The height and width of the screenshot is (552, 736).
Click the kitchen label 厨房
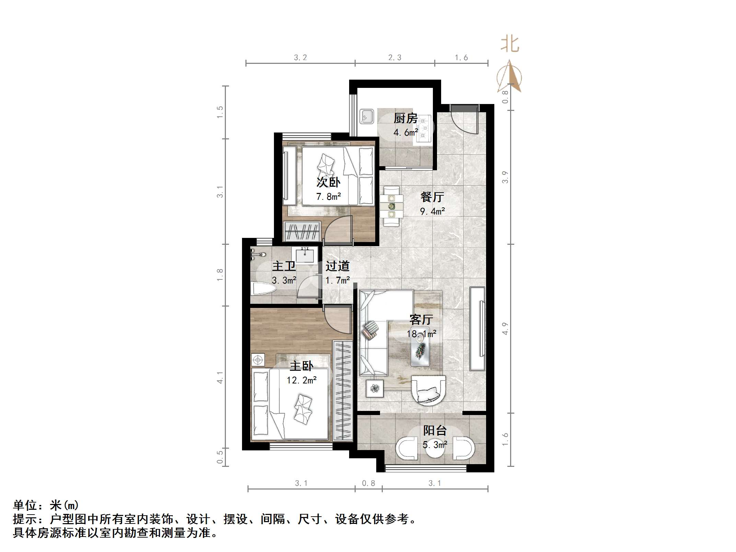405,118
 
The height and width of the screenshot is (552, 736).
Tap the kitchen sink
367,117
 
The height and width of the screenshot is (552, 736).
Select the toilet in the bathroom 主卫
263,289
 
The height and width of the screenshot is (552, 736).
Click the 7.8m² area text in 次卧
329,197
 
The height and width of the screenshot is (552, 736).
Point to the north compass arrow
510,77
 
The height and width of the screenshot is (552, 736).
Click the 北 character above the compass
510,45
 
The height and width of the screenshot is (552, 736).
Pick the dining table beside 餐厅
392,206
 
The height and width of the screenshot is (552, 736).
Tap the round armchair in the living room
428,390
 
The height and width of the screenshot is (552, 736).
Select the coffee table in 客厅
420,347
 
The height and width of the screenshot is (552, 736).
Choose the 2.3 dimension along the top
394,58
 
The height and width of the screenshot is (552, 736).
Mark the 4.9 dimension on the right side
505,329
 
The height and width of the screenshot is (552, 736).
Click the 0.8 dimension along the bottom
368,483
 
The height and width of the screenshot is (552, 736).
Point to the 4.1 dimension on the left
220,378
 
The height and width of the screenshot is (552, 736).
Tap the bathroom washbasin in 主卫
304,255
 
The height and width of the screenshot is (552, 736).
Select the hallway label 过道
337,266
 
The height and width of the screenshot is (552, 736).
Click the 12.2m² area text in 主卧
301,380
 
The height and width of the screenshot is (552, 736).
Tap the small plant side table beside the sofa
375,389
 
